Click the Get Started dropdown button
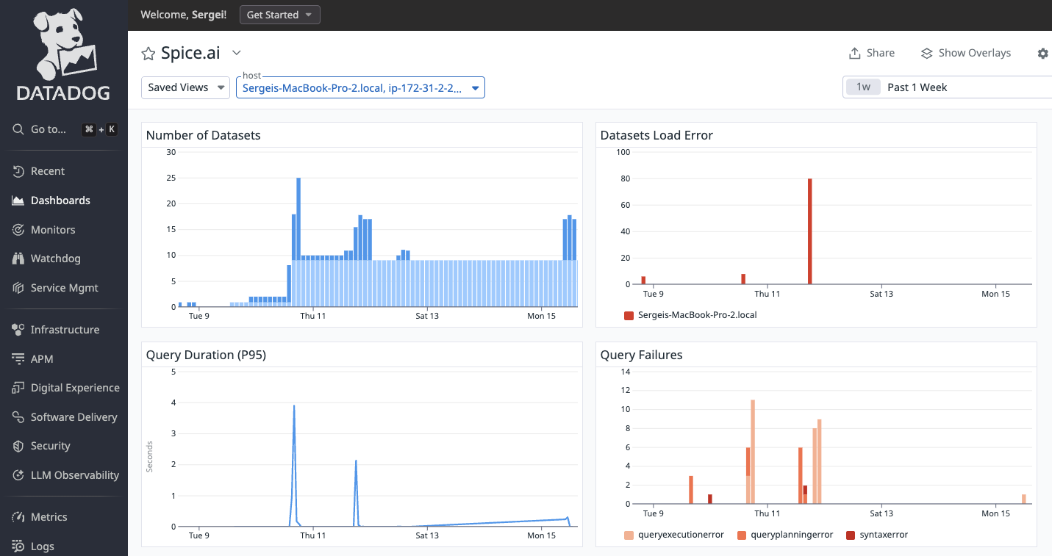[279, 15]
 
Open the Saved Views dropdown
[185, 87]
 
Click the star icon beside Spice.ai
[149, 53]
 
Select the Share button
[872, 53]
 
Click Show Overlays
[966, 53]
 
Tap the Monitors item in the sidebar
[53, 230]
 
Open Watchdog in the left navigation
[55, 259]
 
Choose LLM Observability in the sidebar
[74, 475]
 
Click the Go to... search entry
[49, 129]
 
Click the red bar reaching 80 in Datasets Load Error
[809, 231]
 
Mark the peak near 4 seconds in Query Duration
[294, 406]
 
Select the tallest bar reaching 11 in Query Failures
[753, 452]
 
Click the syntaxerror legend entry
[878, 535]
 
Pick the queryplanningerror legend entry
[785, 535]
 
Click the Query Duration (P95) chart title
[206, 355]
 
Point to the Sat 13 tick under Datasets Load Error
[881, 294]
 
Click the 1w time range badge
[863, 87]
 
